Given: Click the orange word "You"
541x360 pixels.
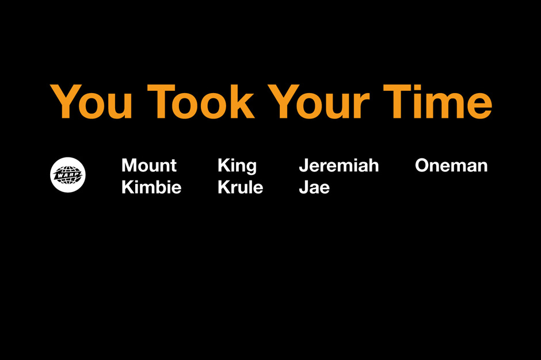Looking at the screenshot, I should tap(92, 102).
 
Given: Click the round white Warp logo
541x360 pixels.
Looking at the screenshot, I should tap(68, 175).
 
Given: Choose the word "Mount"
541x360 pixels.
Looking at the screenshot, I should tap(149, 166).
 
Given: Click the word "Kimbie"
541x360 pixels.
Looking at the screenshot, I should tap(151, 187).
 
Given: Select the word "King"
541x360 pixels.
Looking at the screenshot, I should tap(237, 166).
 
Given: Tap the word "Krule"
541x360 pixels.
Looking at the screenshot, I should tap(240, 187).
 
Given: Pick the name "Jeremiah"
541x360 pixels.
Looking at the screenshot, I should tap(339, 166).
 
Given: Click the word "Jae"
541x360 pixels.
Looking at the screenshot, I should tap(314, 187).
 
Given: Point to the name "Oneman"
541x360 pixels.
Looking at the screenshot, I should tap(451, 166).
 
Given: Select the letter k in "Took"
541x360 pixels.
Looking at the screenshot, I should tap(241, 102).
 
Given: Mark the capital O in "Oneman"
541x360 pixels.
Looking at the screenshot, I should tap(422, 166).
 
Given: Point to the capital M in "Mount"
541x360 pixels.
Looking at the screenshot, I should tap(130, 166).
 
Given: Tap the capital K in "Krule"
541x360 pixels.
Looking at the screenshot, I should tap(224, 187).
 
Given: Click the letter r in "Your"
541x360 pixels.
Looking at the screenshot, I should tap(361, 107).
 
